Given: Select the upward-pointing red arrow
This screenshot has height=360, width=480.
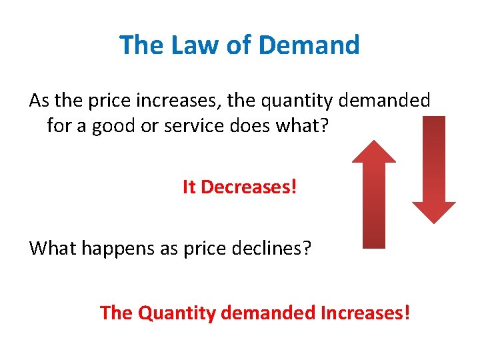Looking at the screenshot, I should pyautogui.click(x=373, y=200).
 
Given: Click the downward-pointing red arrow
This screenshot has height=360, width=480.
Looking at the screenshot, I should pyautogui.click(x=434, y=167).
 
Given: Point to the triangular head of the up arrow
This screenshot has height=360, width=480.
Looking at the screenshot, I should pyautogui.click(x=373, y=153).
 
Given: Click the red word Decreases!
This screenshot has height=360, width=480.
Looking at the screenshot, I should pyautogui.click(x=249, y=187).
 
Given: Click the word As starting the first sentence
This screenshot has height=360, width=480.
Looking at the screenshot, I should pyautogui.click(x=39, y=101).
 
